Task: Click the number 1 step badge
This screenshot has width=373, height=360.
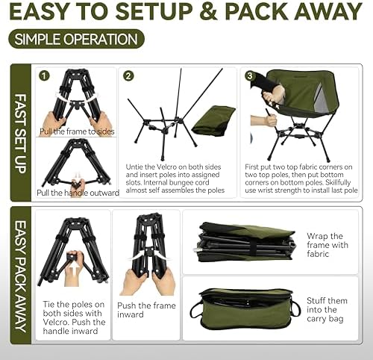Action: [x=44, y=75]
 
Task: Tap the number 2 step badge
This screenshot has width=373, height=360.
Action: [x=128, y=75]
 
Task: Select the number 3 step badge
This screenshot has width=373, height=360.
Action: [x=249, y=75]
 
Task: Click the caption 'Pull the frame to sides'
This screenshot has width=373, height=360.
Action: [x=77, y=131]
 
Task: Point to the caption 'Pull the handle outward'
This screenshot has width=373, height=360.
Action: [x=77, y=193]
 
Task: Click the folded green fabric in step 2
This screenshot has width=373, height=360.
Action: [x=213, y=120]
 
